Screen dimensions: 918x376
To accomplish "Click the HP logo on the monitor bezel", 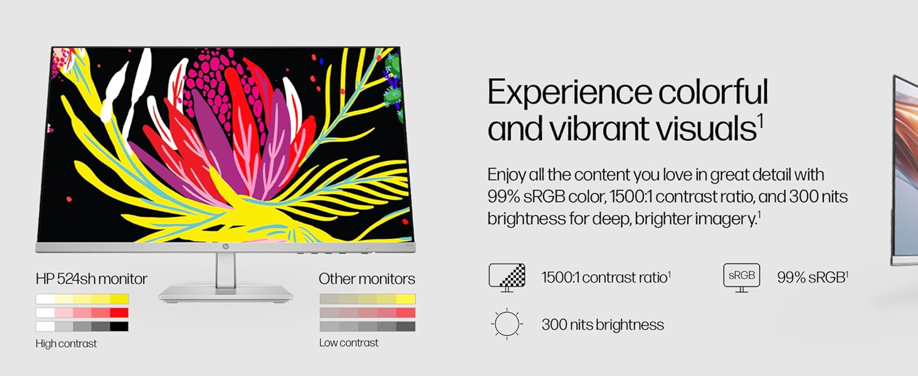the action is [x=225, y=247].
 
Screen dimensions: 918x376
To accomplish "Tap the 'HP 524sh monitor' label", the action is [x=92, y=279].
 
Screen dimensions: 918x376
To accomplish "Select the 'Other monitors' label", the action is [x=367, y=279].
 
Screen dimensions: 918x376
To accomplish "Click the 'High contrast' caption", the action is [x=66, y=343].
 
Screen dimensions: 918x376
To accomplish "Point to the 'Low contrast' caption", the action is [x=349, y=342].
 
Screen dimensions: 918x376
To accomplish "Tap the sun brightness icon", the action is [x=507, y=323].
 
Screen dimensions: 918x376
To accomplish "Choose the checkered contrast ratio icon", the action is [x=507, y=278].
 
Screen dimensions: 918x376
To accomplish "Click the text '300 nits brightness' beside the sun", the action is [x=603, y=325].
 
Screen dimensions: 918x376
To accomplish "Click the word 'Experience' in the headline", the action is [x=569, y=93].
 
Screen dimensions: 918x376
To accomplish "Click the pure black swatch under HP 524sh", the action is [x=119, y=326].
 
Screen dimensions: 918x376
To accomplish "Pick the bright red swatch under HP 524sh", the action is [x=119, y=313].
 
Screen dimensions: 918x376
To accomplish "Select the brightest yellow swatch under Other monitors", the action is [x=406, y=299].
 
